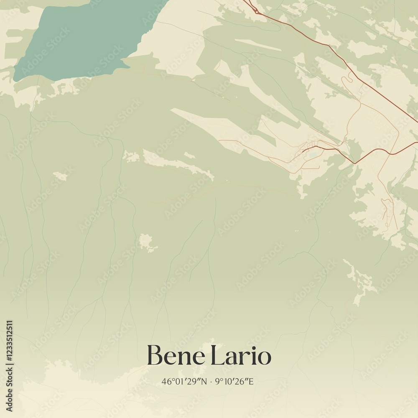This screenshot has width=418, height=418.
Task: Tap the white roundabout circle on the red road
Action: click(257, 12)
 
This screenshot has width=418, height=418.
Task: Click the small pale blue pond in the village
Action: click(312, 155)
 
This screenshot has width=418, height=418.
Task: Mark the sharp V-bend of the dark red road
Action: click(354, 163)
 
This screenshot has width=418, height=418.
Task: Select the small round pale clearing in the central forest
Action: click(146, 242)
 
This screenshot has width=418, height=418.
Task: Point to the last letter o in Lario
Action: click(265, 357)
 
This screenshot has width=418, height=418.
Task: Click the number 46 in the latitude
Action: click(166, 382)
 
